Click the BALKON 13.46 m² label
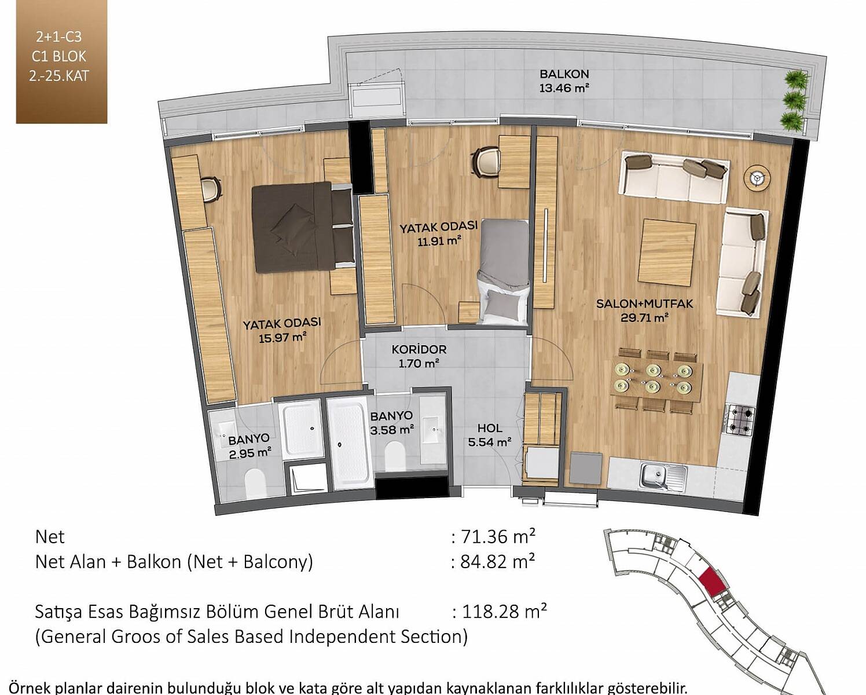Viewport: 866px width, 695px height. pos(564,81)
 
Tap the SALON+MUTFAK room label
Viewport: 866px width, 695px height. pos(644,303)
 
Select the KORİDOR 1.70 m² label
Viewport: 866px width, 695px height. pos(419,356)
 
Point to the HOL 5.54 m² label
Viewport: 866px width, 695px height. pos(489,435)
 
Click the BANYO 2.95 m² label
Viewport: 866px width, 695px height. pos(249,447)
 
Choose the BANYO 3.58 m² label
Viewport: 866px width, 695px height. pos(391,423)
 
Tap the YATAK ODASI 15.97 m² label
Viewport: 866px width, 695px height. pos(282,330)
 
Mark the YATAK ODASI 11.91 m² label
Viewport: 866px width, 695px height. pos(438,233)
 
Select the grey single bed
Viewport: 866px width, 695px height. pos(503,270)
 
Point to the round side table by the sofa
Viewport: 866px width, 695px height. pos(757,178)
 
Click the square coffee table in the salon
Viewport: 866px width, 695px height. pos(667,252)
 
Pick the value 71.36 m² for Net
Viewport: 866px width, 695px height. pos(498,537)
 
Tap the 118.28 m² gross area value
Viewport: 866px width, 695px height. pos(504,612)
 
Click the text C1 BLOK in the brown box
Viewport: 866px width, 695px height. pos(59,57)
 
